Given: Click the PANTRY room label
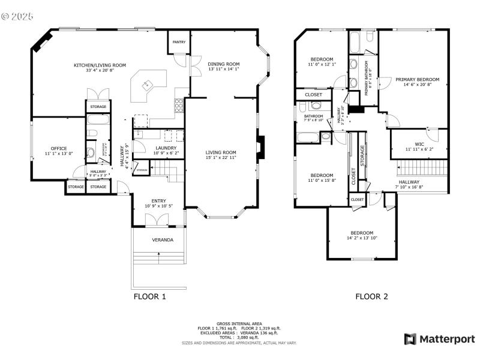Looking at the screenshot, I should [x=179, y=42].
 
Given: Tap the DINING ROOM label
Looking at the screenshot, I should [x=224, y=64].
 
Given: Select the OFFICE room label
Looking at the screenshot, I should [x=59, y=148].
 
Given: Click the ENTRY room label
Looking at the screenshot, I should [x=159, y=201].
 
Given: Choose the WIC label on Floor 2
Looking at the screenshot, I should [x=418, y=144].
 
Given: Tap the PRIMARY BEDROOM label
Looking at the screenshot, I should [x=417, y=79].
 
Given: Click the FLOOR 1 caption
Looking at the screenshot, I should [x=149, y=296].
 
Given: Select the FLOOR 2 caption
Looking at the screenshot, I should [x=371, y=296].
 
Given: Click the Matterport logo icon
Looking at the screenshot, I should [x=410, y=339].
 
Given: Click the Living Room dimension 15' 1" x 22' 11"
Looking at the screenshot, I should [x=221, y=158].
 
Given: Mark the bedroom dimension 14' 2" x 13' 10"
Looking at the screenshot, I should [x=362, y=238].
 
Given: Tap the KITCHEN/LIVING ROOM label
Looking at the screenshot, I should [x=100, y=65].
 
